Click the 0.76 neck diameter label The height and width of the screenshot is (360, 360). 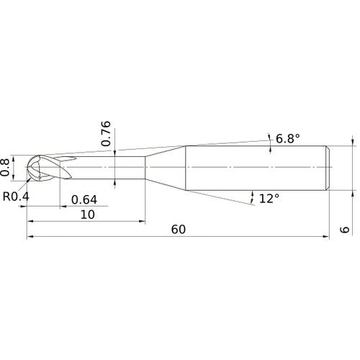pyautogui.click(x=106, y=133)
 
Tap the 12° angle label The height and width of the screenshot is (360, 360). pyautogui.click(x=269, y=197)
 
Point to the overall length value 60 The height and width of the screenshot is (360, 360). pyautogui.click(x=179, y=229)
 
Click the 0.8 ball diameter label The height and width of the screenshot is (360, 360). pyautogui.click(x=6, y=166)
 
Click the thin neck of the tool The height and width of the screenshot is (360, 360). pyautogui.click(x=108, y=168)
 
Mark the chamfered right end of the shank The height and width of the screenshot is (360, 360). pyautogui.click(x=328, y=168)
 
